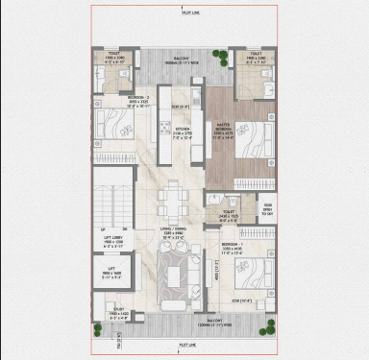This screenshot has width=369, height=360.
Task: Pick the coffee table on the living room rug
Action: click(175, 276)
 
